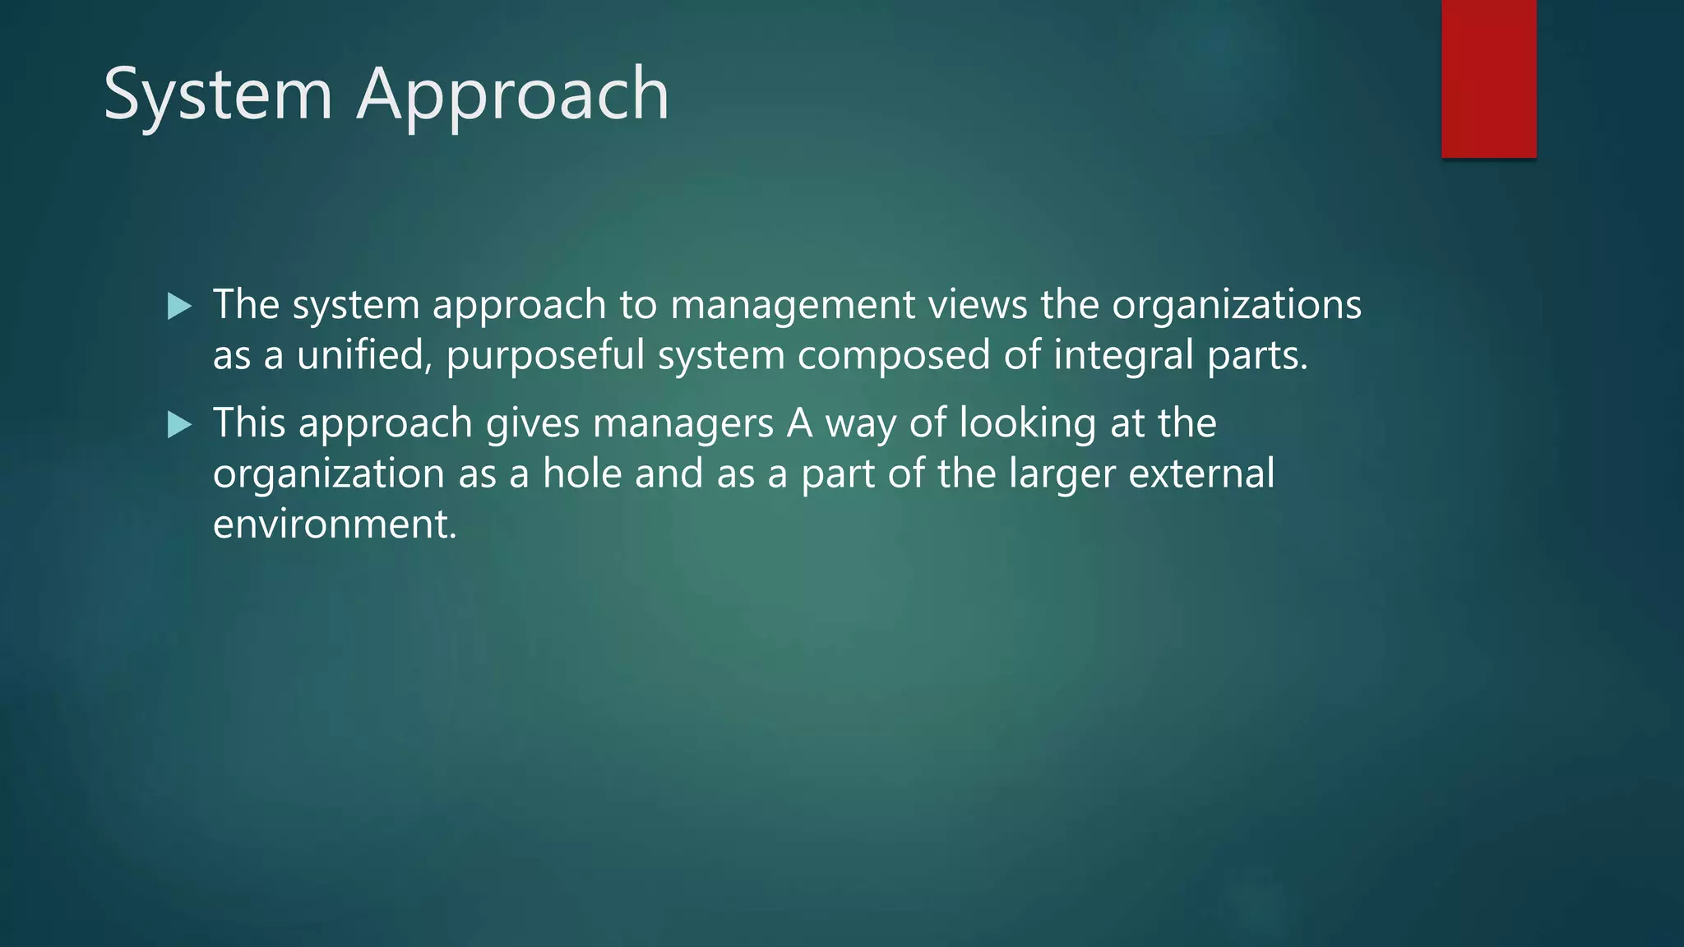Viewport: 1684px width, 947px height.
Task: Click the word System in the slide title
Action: pos(217,95)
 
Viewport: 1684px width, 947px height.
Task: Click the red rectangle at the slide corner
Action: pos(1488,79)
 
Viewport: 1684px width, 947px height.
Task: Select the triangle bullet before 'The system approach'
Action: pos(178,307)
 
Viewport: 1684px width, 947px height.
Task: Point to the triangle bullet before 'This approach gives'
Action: pos(178,425)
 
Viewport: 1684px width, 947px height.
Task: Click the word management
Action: pos(792,306)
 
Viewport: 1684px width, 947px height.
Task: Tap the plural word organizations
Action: pos(1237,306)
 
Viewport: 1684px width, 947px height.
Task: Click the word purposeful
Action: pos(545,357)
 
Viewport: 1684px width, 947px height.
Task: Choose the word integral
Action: pos(1123,357)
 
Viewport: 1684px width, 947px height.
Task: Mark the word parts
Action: pos(1256,357)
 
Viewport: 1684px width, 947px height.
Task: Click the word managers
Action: pos(682,424)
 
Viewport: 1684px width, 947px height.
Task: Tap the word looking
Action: pos(1027,424)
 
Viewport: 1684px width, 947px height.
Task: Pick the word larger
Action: pos(1062,475)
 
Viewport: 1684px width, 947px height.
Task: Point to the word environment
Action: pos(334,524)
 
